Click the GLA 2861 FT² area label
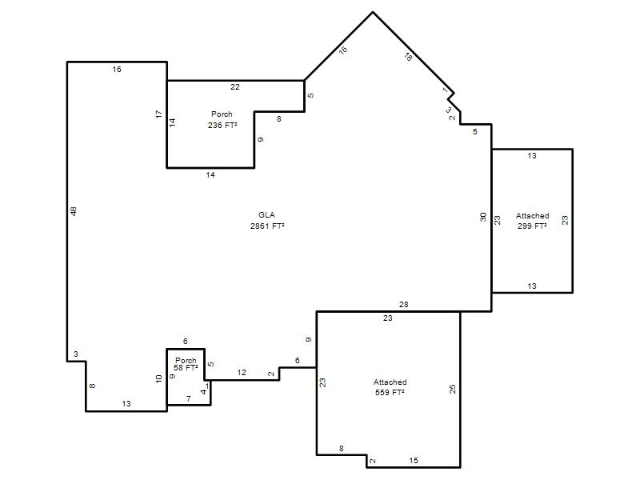(267, 221)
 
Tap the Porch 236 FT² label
(222, 119)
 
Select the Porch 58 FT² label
(186, 364)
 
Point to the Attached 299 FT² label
(532, 221)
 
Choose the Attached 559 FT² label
(390, 387)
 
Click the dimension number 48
(74, 211)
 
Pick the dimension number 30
(483, 217)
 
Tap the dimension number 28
(404, 304)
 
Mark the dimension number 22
(234, 86)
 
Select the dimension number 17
(158, 114)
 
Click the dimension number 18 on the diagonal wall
(408, 57)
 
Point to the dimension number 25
(452, 389)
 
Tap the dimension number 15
(414, 461)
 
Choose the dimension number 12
(242, 372)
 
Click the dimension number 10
(158, 378)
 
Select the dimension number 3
(76, 354)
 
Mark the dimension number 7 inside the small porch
(189, 398)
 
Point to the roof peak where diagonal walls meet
(373, 12)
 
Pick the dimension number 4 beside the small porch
(203, 392)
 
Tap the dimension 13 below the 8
(126, 404)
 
